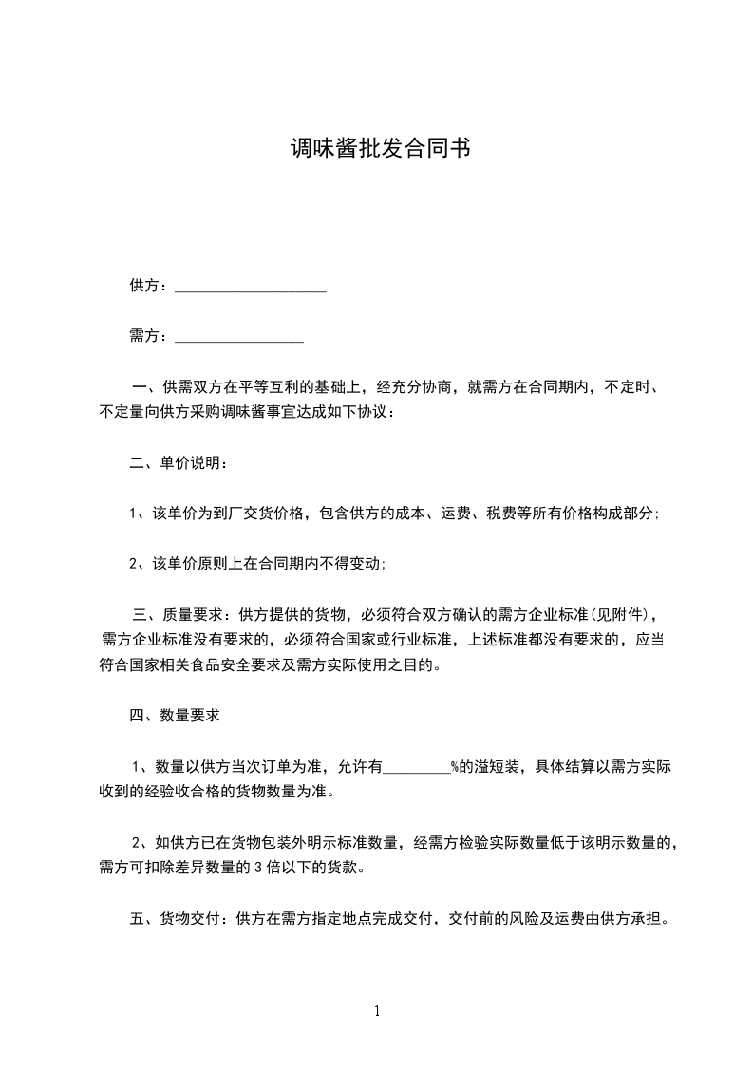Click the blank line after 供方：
coord(251,287)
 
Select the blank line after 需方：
coord(239,337)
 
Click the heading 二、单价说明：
coord(179,463)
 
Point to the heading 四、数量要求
coord(175,716)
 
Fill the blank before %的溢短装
coord(416,767)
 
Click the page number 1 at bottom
coord(377,1011)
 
